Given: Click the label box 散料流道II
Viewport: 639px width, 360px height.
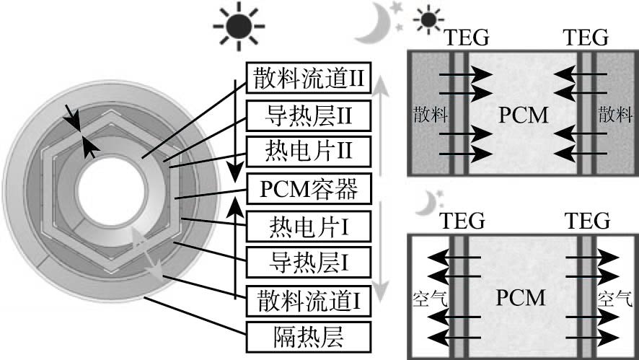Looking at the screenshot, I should [x=308, y=79].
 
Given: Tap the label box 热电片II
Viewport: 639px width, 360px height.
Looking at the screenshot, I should [x=308, y=152].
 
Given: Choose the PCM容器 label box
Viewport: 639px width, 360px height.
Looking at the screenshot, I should [x=308, y=190].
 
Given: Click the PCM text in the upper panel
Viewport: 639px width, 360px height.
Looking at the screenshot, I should [x=524, y=114].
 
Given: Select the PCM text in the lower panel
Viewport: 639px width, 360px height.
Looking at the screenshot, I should [x=524, y=297].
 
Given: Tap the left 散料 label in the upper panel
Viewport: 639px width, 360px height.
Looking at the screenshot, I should [x=426, y=114].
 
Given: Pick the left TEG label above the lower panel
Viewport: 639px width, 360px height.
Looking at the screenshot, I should [x=462, y=219].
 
